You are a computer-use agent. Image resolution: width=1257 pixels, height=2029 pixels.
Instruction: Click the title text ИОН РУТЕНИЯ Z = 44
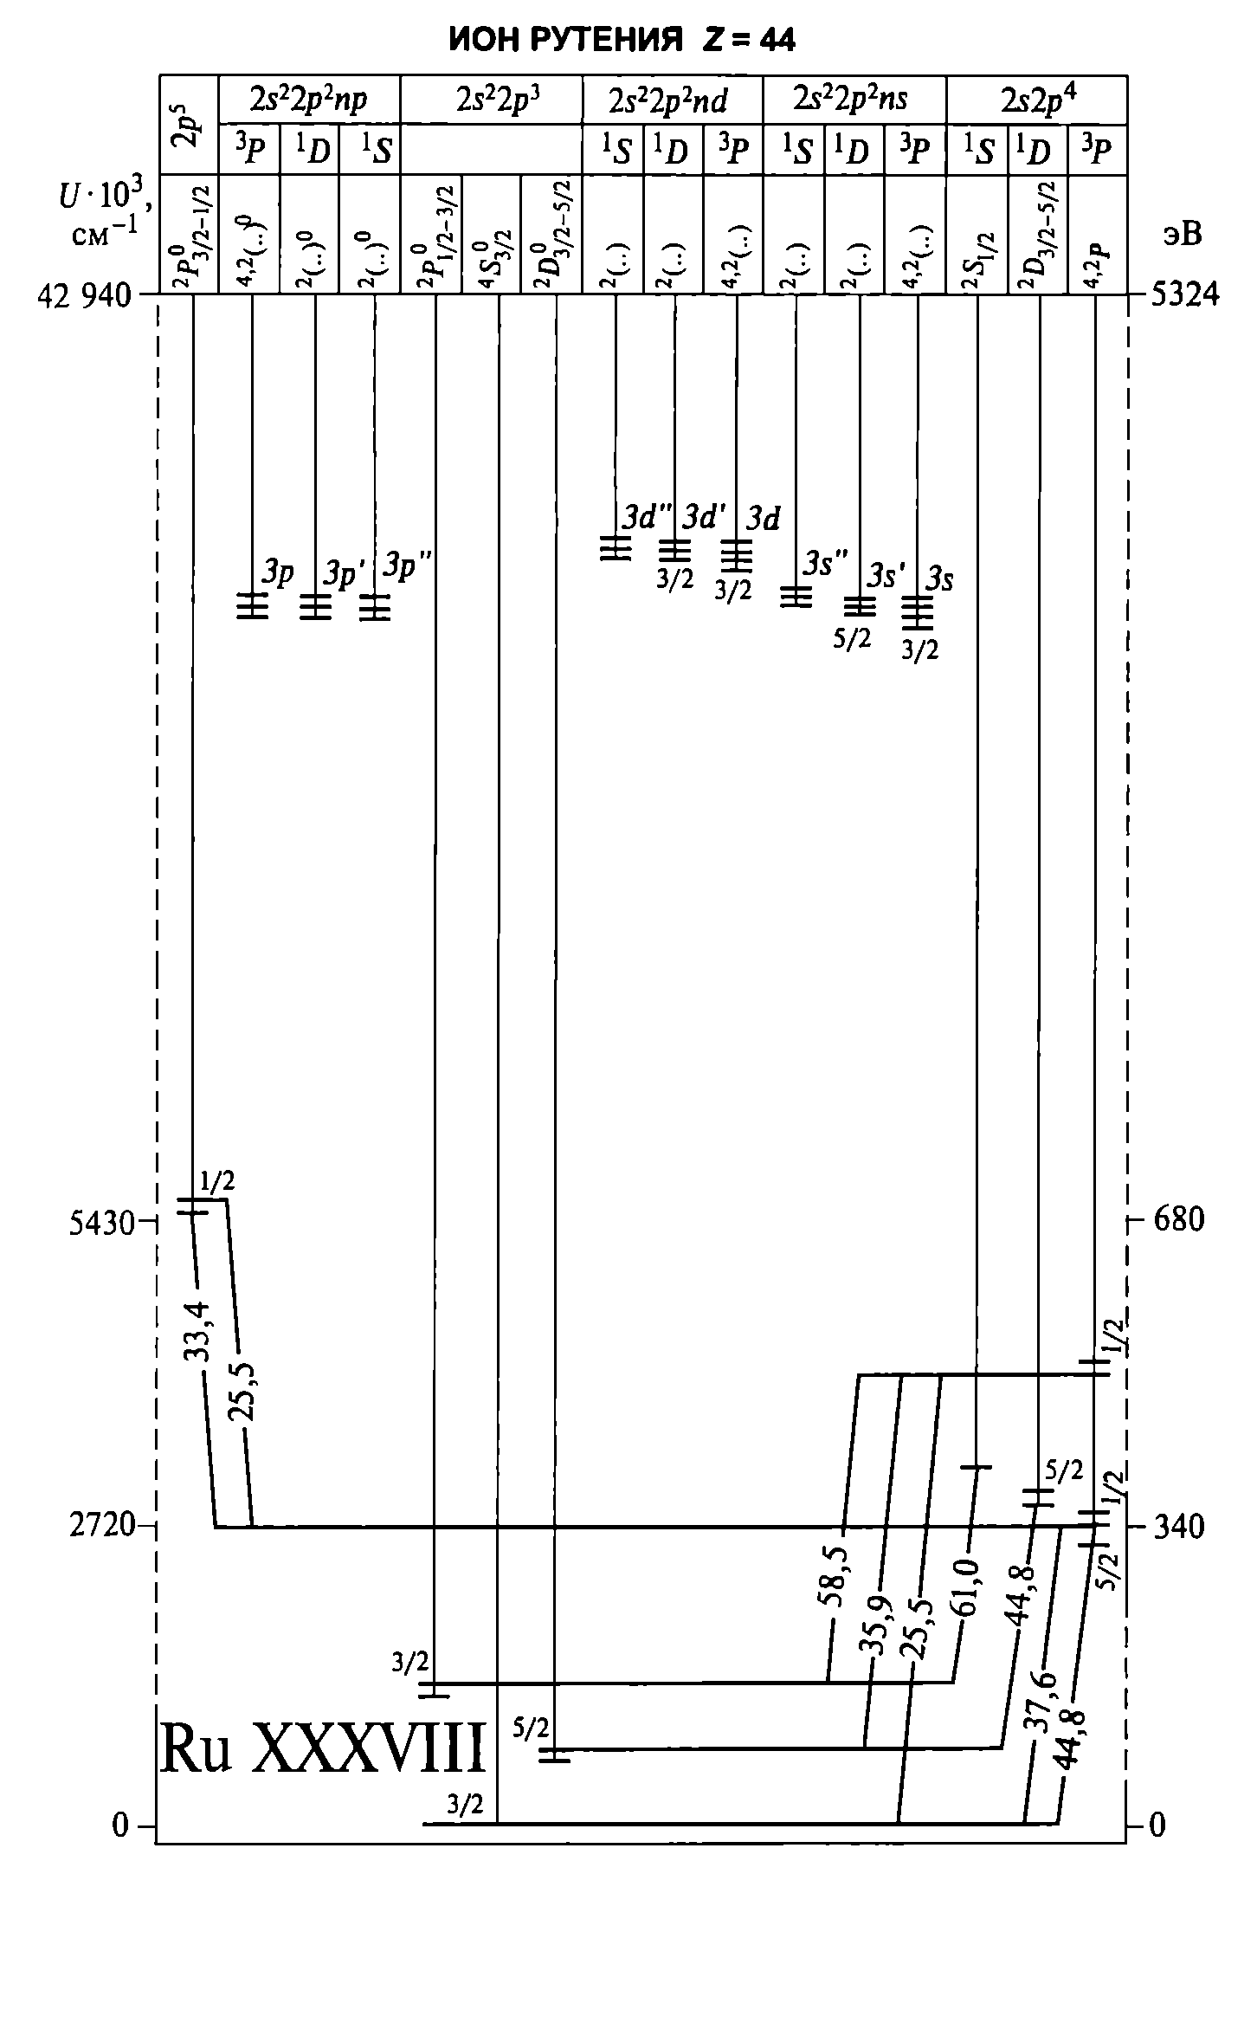click(622, 40)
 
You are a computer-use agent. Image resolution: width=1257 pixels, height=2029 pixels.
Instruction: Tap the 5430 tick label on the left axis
click(101, 1224)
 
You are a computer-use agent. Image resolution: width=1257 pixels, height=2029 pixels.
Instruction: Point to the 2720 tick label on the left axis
click(101, 1525)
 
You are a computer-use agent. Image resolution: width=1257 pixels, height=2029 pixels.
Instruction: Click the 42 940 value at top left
click(84, 296)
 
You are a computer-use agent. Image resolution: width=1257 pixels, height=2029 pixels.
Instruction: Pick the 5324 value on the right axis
click(1184, 295)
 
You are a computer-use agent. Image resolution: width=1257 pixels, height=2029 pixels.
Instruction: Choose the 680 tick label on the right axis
click(1178, 1220)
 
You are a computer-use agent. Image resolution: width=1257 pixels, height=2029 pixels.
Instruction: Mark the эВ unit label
click(1183, 234)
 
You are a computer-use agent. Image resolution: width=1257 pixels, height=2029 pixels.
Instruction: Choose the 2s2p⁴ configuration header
click(1038, 100)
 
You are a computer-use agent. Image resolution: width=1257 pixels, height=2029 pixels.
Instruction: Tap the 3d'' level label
click(647, 518)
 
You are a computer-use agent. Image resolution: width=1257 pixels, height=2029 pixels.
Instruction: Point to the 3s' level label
click(887, 575)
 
